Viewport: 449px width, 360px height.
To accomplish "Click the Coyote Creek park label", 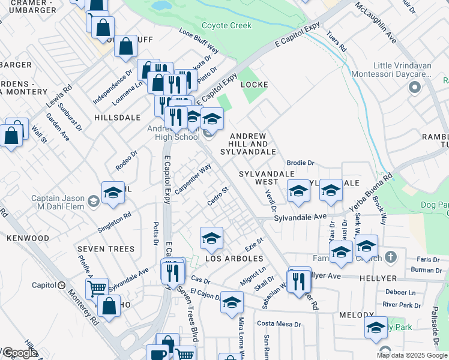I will click(226, 25).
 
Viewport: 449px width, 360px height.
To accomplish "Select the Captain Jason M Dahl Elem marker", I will click(93, 203).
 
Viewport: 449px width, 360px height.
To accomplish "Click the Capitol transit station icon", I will click(61, 285).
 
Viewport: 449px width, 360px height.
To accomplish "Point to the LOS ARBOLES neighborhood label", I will click(235, 259).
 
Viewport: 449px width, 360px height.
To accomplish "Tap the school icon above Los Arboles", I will click(211, 239).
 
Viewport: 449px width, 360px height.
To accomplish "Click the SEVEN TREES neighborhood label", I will click(104, 249).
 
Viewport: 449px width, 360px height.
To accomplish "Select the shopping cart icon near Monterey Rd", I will click(97, 289).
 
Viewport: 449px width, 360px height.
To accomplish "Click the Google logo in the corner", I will click(20, 353).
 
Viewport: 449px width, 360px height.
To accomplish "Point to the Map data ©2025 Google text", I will click(411, 355).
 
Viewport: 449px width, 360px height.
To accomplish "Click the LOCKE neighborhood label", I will click(254, 85).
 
